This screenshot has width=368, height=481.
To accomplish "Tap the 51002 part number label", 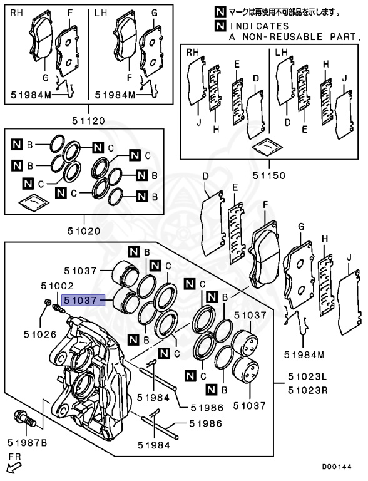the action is (x=58, y=286).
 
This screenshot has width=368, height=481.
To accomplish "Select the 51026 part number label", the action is (x=40, y=334).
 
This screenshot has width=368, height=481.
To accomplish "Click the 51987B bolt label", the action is (x=28, y=443).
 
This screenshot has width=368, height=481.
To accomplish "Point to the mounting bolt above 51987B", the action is (x=24, y=419).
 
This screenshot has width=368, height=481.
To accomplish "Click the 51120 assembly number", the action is (x=89, y=120).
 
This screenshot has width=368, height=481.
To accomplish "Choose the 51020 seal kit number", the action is (x=84, y=230).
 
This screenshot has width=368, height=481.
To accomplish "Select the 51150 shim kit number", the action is (x=269, y=175).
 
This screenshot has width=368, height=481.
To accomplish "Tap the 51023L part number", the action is (x=307, y=376).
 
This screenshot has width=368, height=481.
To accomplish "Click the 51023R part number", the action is (x=307, y=390).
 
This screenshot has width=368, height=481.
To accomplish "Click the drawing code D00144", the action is (x=337, y=467).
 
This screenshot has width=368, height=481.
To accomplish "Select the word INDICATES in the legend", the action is (x=260, y=26).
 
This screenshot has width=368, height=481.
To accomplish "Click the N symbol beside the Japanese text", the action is (x=220, y=12).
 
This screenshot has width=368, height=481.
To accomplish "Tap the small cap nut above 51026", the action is (x=48, y=302).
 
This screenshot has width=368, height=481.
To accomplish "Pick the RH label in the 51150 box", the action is (x=193, y=53).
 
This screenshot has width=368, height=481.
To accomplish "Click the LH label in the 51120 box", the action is (x=101, y=13).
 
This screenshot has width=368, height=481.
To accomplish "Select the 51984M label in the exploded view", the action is (x=304, y=354).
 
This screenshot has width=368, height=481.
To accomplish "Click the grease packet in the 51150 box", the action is (x=267, y=147).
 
